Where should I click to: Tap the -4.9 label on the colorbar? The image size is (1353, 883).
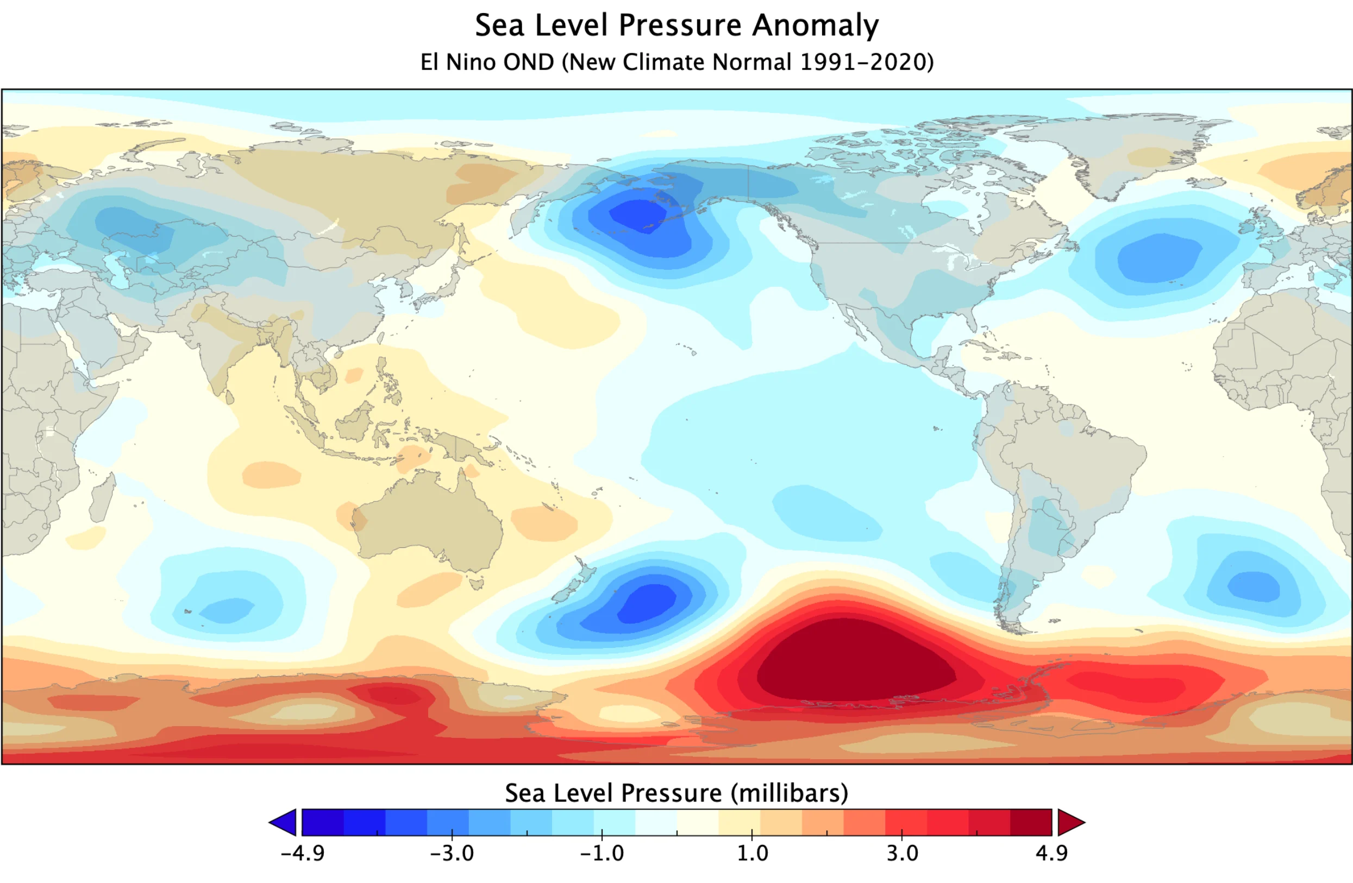coord(303,854)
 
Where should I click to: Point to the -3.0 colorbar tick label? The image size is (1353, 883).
coord(452,854)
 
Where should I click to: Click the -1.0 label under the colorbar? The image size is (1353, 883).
coord(602,854)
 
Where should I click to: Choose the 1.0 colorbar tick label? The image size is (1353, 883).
coord(753,854)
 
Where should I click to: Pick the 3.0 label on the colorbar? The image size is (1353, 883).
coord(902,854)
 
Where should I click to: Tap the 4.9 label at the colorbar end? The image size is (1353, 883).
coord(1052,854)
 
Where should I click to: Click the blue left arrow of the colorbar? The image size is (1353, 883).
coord(285,822)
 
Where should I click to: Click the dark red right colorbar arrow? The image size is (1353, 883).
coord(1070,822)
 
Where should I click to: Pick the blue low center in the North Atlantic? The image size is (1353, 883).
coord(1160,259)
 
